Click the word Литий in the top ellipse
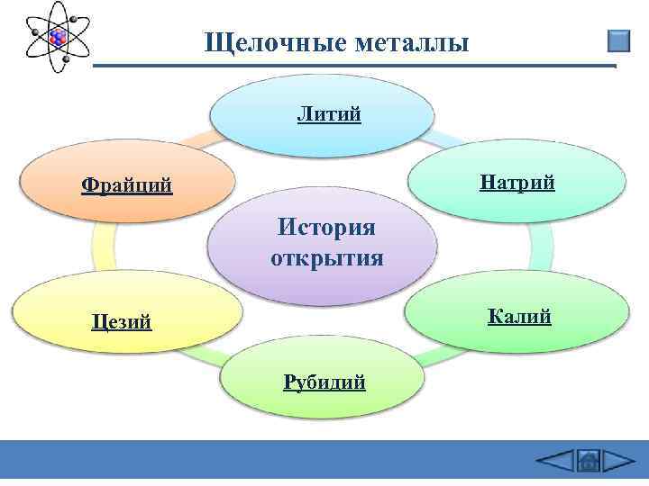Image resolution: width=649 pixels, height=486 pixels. click(x=329, y=114)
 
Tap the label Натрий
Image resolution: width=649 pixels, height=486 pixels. click(x=517, y=184)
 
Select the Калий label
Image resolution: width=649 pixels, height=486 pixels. click(x=519, y=316)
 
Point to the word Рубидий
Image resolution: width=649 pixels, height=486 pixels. click(x=324, y=382)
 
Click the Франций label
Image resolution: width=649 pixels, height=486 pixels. click(x=126, y=186)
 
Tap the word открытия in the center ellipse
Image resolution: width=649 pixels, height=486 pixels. click(x=326, y=258)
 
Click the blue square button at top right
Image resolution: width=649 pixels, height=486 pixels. click(x=618, y=41)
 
